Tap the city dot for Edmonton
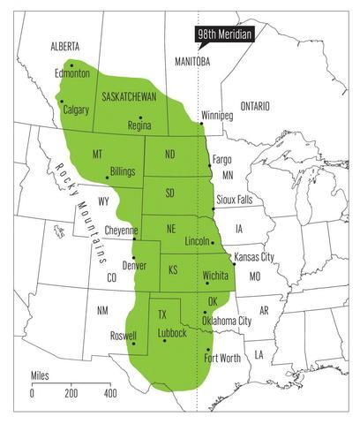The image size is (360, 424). [72, 64]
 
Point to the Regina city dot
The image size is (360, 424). [140, 117]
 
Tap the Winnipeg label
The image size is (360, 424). [218, 116]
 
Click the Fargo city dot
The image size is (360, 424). [209, 165]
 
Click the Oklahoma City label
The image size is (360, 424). [227, 320]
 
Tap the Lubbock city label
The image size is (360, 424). [171, 333]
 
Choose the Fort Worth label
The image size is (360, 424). [221, 359]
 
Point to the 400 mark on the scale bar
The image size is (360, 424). [109, 393]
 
